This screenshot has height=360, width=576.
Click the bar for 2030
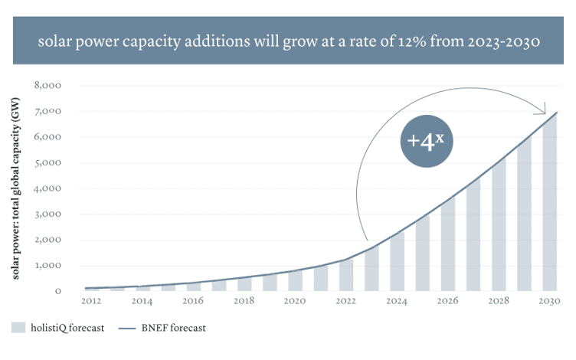coord(550,203)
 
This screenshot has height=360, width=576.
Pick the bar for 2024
coord(397,262)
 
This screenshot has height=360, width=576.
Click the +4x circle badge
coord(427,142)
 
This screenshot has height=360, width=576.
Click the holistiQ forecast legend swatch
coord(19,328)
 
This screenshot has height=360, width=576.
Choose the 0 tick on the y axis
coord(58,291)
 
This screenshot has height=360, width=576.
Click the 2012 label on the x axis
coord(92,303)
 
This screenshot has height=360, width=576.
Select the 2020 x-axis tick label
coord(296,303)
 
